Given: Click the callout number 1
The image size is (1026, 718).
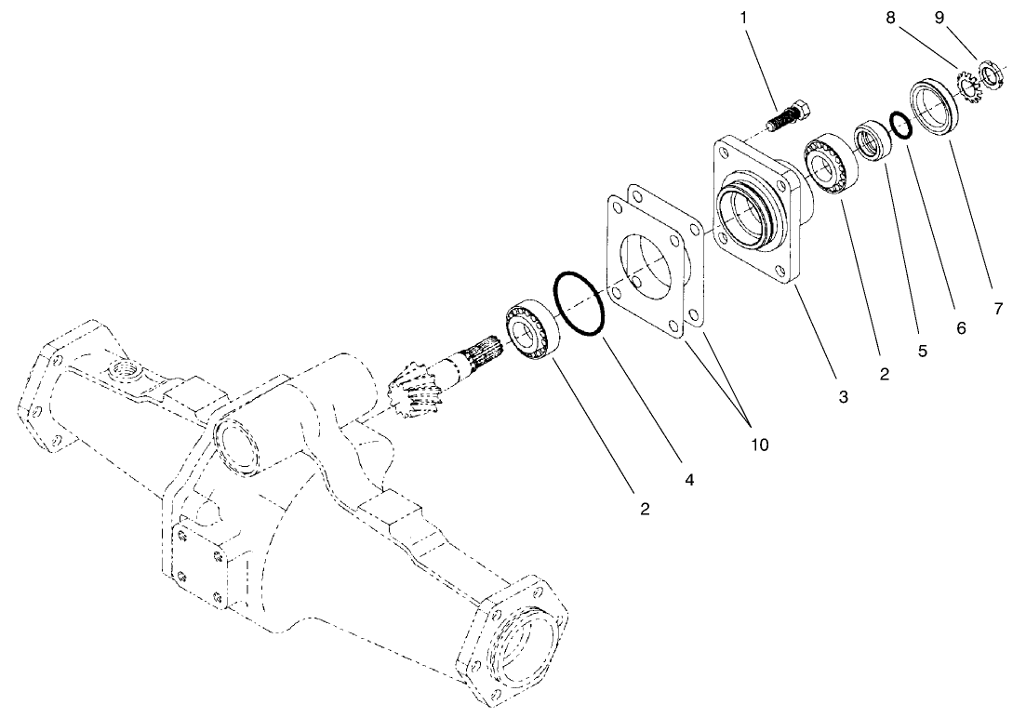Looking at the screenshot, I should [743, 17].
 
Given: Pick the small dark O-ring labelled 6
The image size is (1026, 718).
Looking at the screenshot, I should [899, 125].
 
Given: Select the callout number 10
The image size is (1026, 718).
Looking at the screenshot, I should [760, 445].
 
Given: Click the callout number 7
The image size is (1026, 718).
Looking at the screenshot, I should [998, 309].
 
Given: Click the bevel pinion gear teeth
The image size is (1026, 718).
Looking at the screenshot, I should [415, 392].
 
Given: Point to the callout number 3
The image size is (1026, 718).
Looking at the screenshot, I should [843, 397].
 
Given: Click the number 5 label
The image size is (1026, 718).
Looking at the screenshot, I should [922, 352].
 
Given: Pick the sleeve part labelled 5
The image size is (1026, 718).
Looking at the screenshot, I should [873, 140].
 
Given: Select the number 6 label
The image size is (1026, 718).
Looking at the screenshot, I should [961, 328].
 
